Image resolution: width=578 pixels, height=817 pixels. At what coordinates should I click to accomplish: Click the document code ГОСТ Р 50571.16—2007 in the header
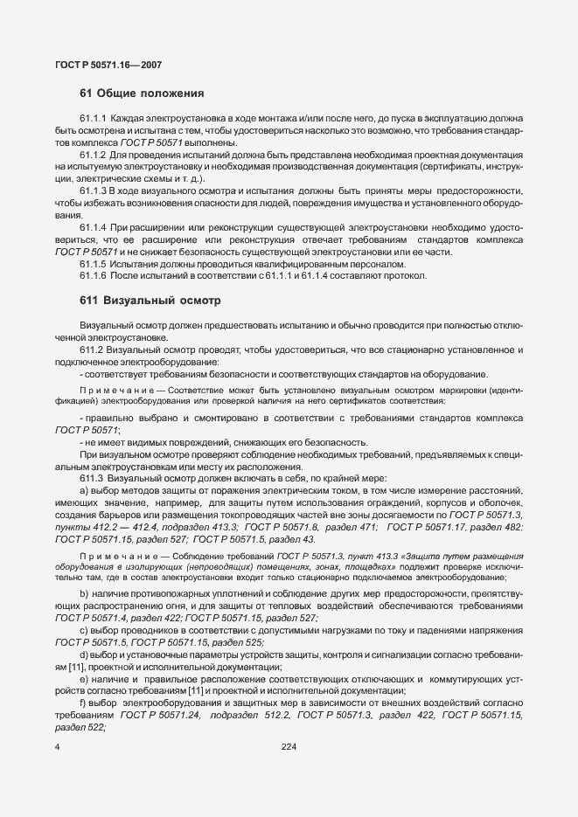(x=108, y=65)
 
